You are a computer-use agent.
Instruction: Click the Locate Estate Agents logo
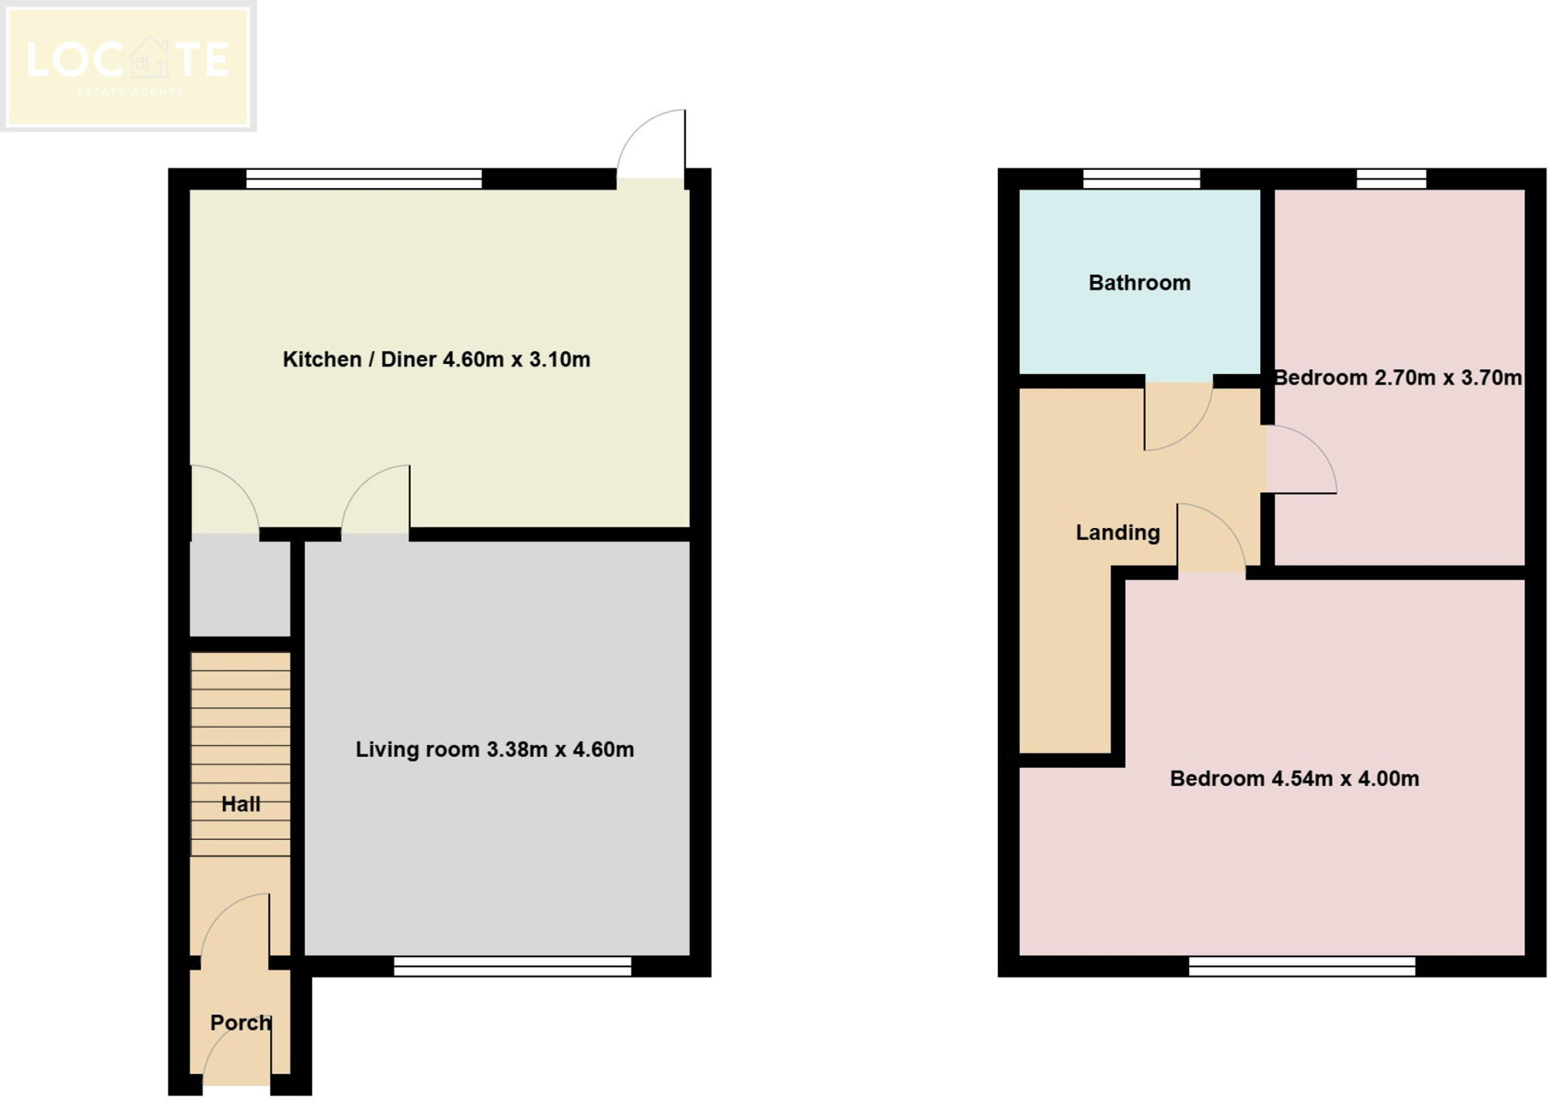(x=128, y=66)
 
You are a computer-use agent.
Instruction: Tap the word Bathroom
(x=1139, y=283)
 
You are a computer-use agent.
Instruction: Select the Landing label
(x=1117, y=533)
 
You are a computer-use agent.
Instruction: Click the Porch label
(x=240, y=1022)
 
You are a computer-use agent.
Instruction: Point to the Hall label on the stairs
(x=240, y=804)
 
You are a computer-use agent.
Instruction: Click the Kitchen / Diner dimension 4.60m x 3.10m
(x=515, y=359)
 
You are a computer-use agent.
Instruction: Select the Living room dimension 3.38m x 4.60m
(x=559, y=749)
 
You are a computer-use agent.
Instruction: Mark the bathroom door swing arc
(x=1177, y=416)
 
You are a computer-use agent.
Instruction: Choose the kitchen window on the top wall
(x=364, y=179)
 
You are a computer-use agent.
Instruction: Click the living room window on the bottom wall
(x=512, y=966)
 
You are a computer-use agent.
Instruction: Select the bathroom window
(x=1141, y=179)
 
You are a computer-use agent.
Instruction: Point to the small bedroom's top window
(x=1391, y=179)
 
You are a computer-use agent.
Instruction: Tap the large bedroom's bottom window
(x=1302, y=966)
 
